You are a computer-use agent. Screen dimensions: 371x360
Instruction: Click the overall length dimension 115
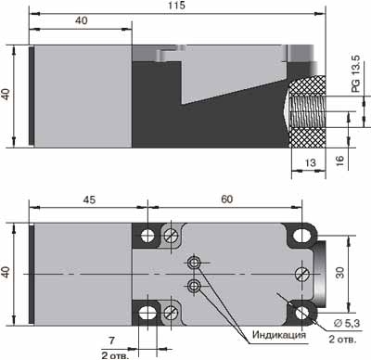tap(177, 6)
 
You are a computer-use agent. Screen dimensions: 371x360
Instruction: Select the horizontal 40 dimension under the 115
tap(82, 20)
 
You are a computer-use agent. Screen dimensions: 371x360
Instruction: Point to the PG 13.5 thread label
tap(356, 73)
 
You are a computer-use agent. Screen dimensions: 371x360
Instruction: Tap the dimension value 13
tap(311, 162)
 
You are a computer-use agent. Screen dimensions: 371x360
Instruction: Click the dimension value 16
tap(339, 161)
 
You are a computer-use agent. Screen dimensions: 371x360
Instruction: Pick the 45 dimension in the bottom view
tap(89, 199)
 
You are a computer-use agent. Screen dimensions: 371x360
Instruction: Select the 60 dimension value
tap(226, 199)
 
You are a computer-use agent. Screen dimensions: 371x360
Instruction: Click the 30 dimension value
tap(339, 273)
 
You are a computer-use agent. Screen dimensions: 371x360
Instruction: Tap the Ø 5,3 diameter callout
tap(347, 323)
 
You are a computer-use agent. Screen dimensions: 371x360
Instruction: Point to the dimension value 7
tap(111, 341)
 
